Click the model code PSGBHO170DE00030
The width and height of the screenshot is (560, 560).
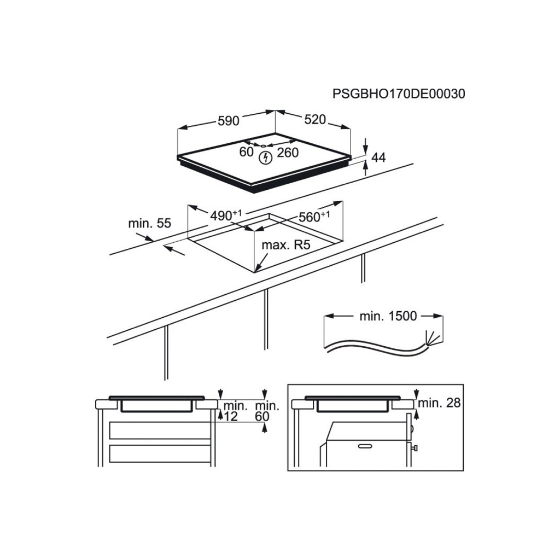point(399,94)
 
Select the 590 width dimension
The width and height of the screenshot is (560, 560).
point(228,121)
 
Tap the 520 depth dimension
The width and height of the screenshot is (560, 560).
point(315,119)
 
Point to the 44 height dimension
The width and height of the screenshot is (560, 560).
point(378,157)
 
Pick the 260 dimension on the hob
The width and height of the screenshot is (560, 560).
point(288,153)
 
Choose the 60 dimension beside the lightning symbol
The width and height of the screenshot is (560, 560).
point(247,152)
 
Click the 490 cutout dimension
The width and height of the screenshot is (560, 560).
point(226,215)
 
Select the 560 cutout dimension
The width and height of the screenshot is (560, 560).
point(314,217)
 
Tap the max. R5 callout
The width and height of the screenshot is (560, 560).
point(286,245)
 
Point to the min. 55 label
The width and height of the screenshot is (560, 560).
point(150,223)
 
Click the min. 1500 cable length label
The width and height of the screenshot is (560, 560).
point(388,316)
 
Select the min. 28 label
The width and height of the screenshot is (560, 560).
point(439,403)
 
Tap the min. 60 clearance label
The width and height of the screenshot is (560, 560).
point(267,411)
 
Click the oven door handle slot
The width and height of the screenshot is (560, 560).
point(365,446)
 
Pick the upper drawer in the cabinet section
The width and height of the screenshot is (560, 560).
point(160,431)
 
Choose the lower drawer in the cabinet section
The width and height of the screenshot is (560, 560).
point(160,453)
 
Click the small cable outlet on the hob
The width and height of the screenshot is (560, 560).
point(263,145)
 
